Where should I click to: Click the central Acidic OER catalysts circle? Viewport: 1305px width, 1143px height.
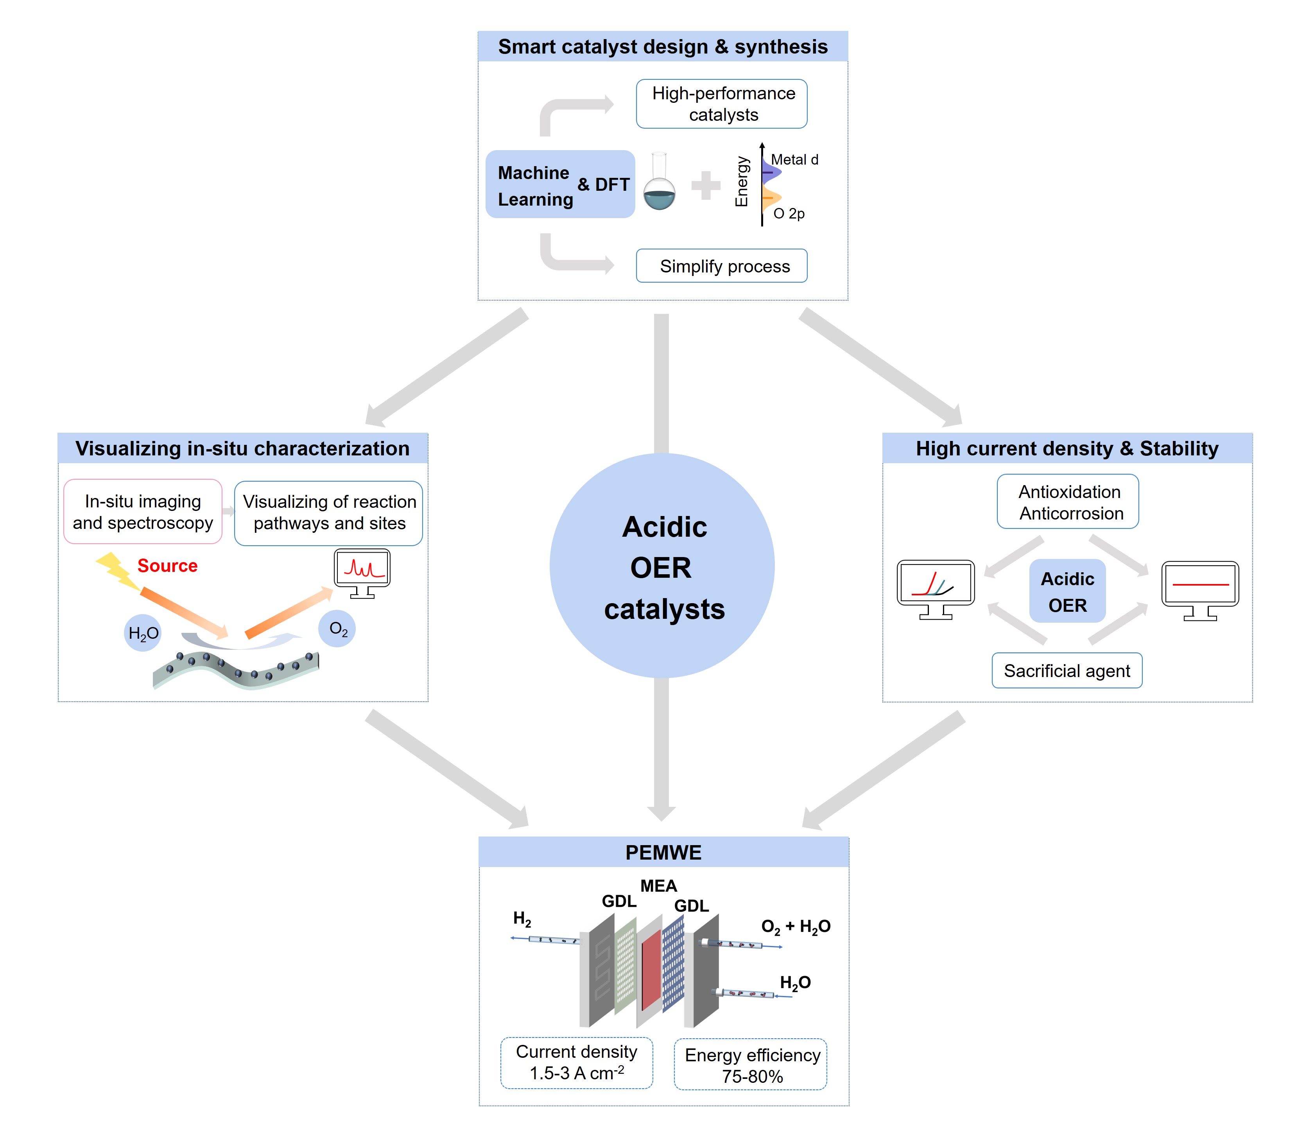[x=661, y=566]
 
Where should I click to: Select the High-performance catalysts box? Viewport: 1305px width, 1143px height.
[x=721, y=104]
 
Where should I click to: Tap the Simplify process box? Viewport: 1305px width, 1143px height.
[x=721, y=266]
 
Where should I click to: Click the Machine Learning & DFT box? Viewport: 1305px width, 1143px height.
[x=560, y=185]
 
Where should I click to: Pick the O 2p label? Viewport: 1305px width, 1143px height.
[x=789, y=214]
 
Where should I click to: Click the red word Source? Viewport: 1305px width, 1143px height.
[x=167, y=566]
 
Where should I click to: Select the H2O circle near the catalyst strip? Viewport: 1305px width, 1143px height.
[x=143, y=633]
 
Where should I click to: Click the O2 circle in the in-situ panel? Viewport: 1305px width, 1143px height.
[x=337, y=629]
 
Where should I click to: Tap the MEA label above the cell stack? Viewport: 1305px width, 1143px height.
[x=658, y=886]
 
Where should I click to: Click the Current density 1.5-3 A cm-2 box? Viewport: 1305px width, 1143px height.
[x=576, y=1062]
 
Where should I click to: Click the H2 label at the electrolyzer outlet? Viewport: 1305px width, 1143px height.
[x=522, y=919]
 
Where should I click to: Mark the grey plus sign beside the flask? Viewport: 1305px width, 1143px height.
[x=705, y=186]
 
